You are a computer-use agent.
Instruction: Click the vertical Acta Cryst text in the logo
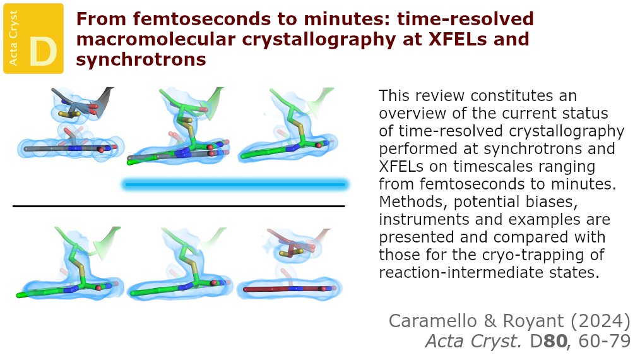click(x=14, y=38)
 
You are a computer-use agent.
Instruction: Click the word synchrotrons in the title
click(x=141, y=59)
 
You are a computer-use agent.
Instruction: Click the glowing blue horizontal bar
click(x=235, y=184)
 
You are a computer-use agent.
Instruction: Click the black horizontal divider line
click(x=179, y=206)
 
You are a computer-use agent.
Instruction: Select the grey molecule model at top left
click(x=69, y=129)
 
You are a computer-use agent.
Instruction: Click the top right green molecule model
click(x=290, y=129)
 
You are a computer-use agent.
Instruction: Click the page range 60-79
click(x=601, y=341)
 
